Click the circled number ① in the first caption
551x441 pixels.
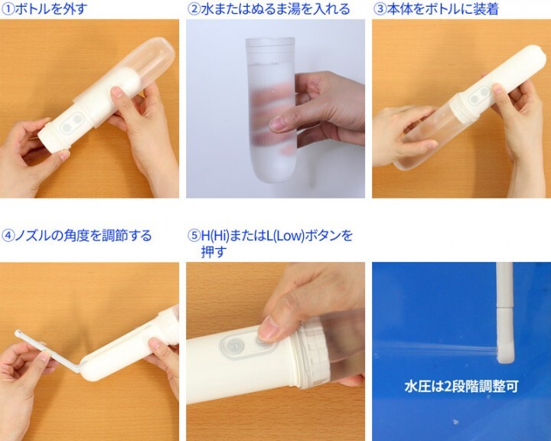tap(8, 8)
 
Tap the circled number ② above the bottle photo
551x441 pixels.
tap(194, 8)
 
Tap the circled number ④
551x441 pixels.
tap(8, 235)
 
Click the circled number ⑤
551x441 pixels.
tap(194, 235)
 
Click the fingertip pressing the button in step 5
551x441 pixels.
tap(267, 331)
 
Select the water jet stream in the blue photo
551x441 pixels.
tap(444, 350)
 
